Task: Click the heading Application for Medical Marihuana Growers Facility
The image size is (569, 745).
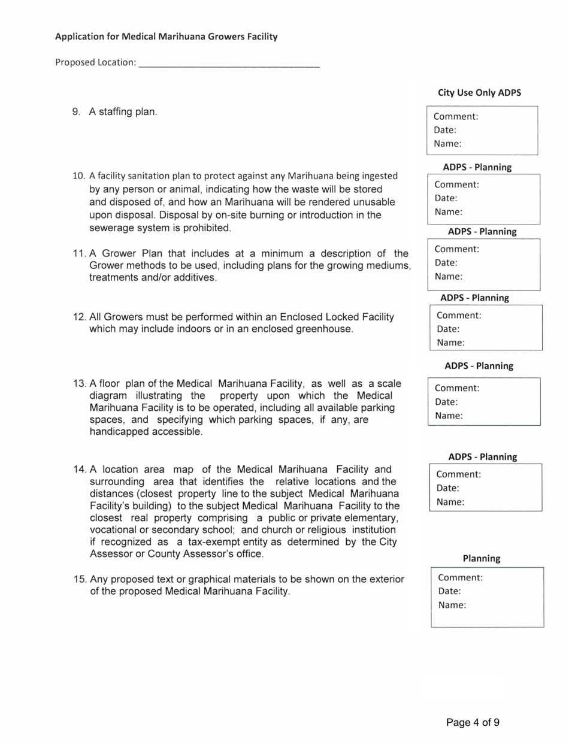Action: (x=166, y=37)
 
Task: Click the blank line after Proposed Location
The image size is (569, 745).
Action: (x=229, y=62)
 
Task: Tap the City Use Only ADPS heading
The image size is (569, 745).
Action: (x=479, y=93)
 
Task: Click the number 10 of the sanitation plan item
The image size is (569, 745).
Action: (x=78, y=176)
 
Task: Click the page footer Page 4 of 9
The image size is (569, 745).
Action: (x=473, y=722)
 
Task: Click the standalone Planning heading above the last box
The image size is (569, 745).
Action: (x=481, y=558)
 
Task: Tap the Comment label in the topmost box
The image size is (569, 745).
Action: (x=455, y=116)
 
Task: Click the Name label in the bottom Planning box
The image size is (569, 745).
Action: (x=452, y=605)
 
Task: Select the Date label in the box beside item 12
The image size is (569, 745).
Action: (x=447, y=329)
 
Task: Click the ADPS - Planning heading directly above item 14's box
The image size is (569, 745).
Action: (x=482, y=456)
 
